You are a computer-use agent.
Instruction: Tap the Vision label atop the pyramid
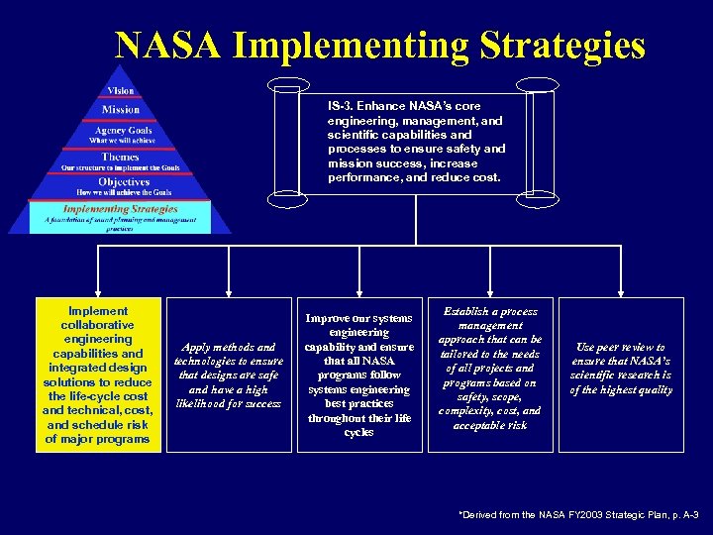point(121,91)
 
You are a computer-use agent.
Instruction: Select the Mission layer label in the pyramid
point(121,109)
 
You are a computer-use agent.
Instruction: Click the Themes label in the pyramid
point(121,157)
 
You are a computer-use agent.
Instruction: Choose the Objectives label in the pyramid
point(121,182)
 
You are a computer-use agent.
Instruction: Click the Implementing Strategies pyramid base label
point(120,209)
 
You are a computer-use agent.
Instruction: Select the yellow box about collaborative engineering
point(98,374)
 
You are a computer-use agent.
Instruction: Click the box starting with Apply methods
point(229,374)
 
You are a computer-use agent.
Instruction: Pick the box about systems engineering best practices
point(358,374)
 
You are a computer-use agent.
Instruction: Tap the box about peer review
point(620,369)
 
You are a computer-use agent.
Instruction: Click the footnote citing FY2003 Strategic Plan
point(578,515)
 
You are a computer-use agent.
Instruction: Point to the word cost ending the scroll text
point(487,177)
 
